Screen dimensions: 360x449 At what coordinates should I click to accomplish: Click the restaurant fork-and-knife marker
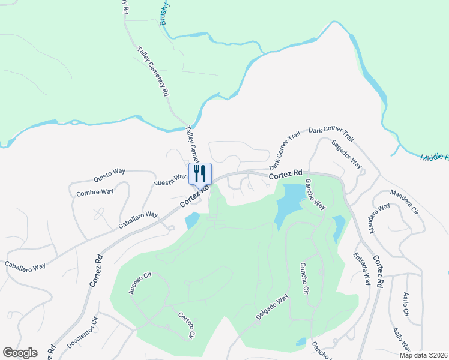[200, 173]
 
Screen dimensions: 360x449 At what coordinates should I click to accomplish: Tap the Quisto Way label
[109, 175]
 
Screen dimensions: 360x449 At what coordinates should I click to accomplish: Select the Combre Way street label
[95, 192]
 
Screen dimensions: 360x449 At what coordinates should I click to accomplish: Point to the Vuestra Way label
[170, 180]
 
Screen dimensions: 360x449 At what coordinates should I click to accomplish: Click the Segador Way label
[347, 154]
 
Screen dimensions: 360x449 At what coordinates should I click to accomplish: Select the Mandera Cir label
[403, 202]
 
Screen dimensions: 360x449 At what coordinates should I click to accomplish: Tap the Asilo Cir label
[406, 304]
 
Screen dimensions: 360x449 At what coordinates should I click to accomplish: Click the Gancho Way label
[315, 194]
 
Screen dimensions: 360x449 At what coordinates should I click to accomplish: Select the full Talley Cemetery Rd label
[153, 72]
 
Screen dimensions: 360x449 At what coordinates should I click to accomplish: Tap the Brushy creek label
[166, 12]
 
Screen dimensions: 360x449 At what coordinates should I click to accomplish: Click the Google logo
[20, 353]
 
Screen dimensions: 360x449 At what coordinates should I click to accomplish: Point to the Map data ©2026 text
[423, 355]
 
